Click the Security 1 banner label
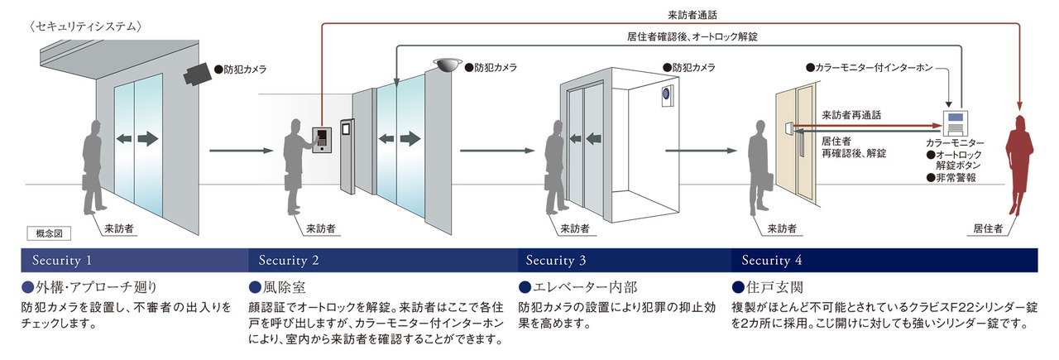click(62, 261)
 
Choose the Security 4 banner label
click(772, 261)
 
